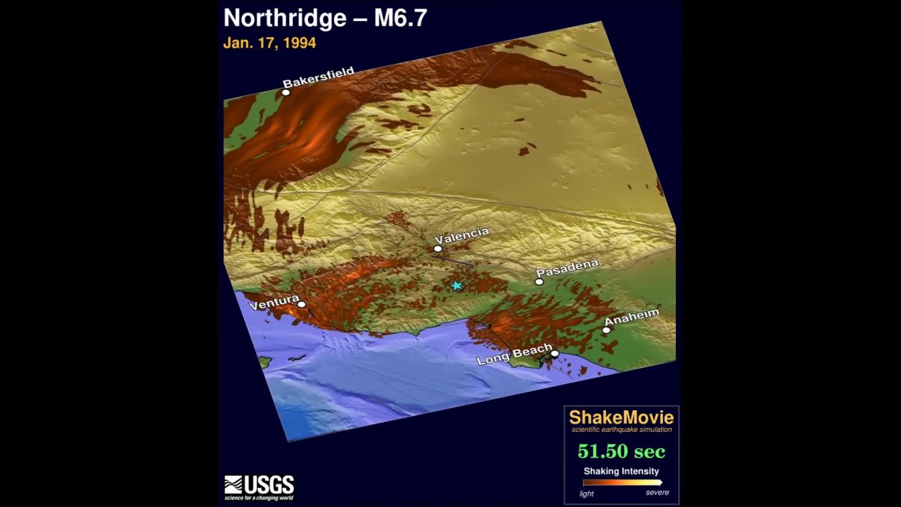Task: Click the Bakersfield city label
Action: [318, 77]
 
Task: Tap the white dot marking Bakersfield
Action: [286, 92]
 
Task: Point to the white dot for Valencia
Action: [438, 248]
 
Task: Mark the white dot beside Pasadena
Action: [539, 282]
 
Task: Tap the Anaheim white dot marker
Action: [607, 330]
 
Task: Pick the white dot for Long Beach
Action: [555, 354]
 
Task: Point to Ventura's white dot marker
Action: [302, 304]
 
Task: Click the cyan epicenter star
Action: [457, 285]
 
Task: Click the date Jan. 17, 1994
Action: [270, 43]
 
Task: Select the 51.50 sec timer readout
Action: [621, 451]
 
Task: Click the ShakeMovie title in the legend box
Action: [621, 418]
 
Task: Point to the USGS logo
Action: [259, 487]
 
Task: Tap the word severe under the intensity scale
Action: [657, 493]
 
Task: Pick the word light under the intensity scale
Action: [586, 493]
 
